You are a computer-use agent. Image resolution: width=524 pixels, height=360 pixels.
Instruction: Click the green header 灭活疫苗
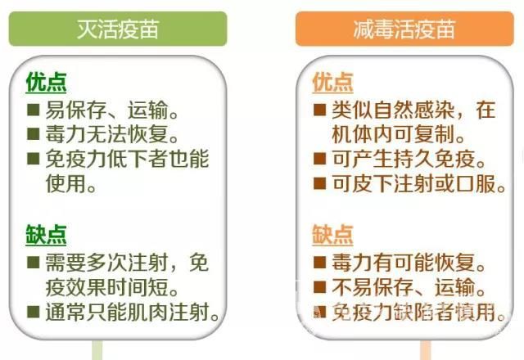(x=118, y=29)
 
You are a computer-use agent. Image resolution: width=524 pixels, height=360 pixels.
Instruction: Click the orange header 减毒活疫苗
(x=404, y=29)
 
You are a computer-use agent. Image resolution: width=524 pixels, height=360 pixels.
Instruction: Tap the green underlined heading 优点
(x=46, y=82)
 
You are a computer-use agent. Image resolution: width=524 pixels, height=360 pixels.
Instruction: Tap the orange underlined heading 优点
(x=332, y=82)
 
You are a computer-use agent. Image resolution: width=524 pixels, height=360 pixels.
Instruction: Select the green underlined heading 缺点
(x=46, y=235)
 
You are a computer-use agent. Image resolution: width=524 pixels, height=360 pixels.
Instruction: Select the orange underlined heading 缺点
(x=332, y=235)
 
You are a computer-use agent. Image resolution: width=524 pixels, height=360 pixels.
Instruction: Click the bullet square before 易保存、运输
(x=33, y=110)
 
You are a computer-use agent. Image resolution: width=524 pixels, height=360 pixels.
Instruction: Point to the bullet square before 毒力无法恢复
(x=33, y=134)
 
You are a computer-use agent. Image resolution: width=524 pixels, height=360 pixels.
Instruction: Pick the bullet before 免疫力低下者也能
(x=33, y=159)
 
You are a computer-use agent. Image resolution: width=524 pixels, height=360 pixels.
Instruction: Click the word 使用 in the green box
(x=65, y=183)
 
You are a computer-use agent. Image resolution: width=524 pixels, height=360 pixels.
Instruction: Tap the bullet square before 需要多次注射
(x=33, y=262)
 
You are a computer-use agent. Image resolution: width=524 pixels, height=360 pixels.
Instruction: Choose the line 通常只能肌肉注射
(x=132, y=312)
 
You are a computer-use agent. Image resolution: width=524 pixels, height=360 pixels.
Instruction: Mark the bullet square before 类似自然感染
(x=320, y=110)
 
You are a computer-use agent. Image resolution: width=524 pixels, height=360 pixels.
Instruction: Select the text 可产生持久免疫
(x=409, y=159)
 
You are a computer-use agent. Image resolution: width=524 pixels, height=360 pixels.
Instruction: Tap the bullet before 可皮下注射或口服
(x=320, y=183)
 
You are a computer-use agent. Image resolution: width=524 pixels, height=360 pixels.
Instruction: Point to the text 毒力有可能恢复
(x=409, y=263)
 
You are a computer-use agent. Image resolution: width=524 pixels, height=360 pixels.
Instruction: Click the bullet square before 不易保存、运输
(x=320, y=287)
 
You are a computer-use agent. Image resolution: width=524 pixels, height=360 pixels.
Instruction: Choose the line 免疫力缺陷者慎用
(x=418, y=312)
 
